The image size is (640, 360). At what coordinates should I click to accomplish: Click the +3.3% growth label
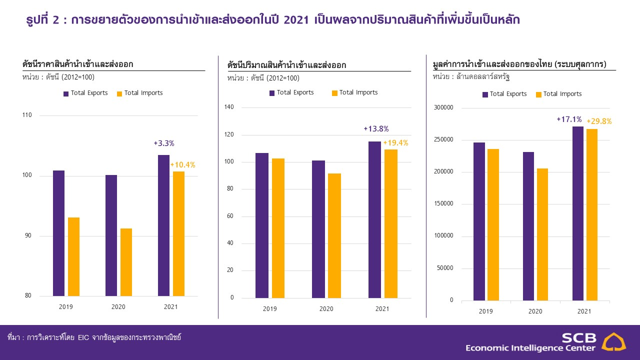[x=164, y=143]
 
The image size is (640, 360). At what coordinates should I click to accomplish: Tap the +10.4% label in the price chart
[x=182, y=164]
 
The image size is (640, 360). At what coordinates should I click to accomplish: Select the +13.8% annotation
[x=376, y=129]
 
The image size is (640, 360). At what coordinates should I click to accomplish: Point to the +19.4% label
[x=395, y=143]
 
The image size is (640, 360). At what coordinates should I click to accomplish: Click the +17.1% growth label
[x=569, y=119]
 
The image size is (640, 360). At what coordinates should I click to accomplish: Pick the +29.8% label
[x=599, y=121]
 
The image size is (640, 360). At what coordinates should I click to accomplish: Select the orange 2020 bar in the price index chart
[x=126, y=262]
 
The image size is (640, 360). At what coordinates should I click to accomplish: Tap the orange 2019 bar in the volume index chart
[x=278, y=228]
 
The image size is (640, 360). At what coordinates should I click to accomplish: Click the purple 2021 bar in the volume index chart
[x=374, y=219]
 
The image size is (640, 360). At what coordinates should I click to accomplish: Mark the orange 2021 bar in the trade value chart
[x=592, y=214]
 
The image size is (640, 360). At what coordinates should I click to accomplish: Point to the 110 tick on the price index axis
[x=27, y=115]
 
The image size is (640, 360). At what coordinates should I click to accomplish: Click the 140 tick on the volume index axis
[x=229, y=107]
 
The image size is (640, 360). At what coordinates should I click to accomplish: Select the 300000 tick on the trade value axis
[x=443, y=107]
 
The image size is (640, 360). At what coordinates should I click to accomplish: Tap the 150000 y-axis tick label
[x=443, y=204]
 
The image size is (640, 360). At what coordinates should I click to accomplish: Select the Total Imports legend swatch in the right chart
[x=538, y=94]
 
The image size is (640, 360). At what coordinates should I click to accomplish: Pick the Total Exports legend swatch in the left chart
[x=66, y=93]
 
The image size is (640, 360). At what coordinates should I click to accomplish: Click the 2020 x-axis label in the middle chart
[x=326, y=309]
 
